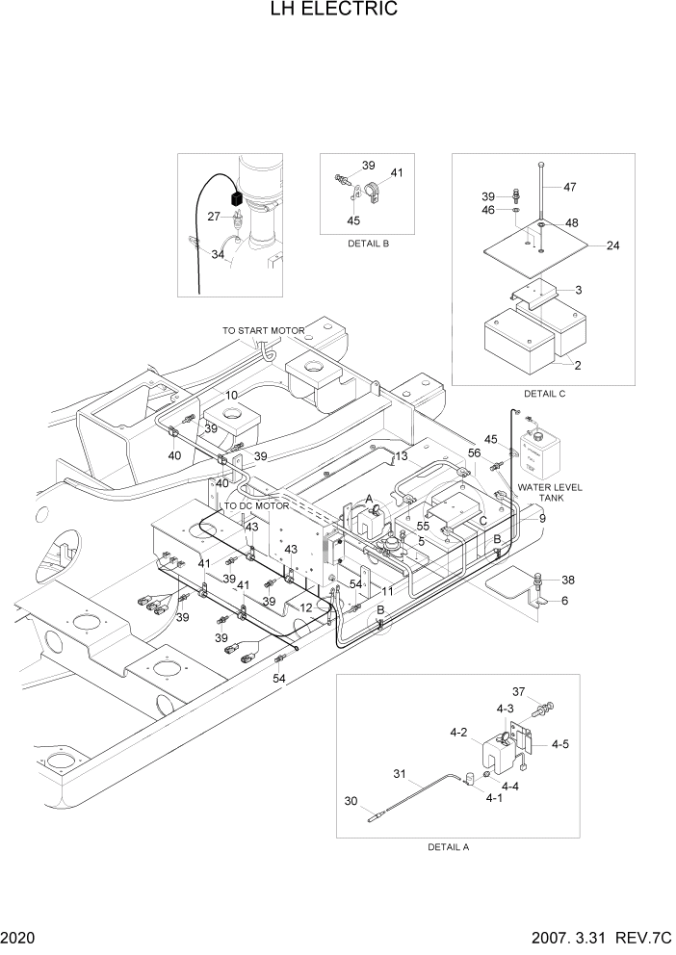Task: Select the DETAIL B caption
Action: pos(369,244)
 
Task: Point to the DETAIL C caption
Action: pos(545,394)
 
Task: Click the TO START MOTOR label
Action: pos(264,330)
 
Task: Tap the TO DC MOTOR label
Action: pos(256,505)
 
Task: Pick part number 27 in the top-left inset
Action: pos(213,217)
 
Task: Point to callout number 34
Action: pos(218,255)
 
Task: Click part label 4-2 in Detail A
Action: pos(457,733)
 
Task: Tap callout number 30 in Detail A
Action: pos(351,800)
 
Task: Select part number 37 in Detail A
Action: pos(518,691)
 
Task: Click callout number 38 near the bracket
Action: pos(567,581)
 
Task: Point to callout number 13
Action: pos(401,455)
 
